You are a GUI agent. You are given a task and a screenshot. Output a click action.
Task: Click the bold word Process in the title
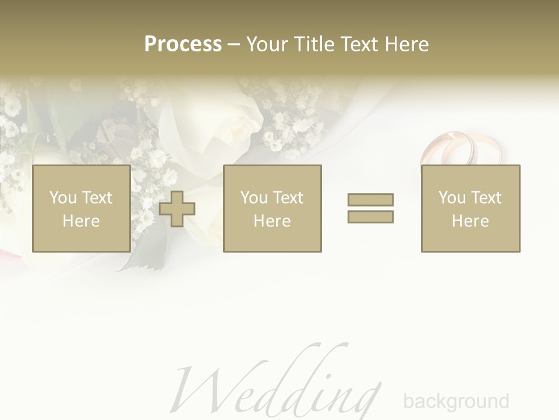click(183, 44)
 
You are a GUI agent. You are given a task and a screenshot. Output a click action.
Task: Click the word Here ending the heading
click(408, 44)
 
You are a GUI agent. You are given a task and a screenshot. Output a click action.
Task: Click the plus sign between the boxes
click(177, 209)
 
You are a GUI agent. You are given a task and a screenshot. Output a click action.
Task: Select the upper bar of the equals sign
click(370, 199)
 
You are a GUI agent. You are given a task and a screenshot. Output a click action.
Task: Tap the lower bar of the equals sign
click(370, 216)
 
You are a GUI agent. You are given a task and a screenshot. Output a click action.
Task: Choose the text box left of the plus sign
click(81, 208)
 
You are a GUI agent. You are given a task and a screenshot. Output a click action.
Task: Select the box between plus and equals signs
click(272, 208)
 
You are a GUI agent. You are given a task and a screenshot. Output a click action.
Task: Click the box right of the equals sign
click(470, 208)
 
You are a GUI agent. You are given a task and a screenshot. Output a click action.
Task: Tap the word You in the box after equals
click(452, 198)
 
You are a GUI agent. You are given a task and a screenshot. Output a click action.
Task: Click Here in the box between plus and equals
click(272, 221)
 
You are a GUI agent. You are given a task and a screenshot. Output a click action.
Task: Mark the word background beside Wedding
click(456, 401)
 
